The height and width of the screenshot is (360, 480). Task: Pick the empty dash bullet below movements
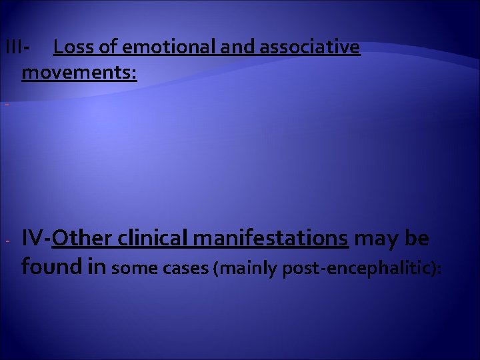pyautogui.click(x=5, y=104)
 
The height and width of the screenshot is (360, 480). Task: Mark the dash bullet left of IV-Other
pyautogui.click(x=5, y=239)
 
